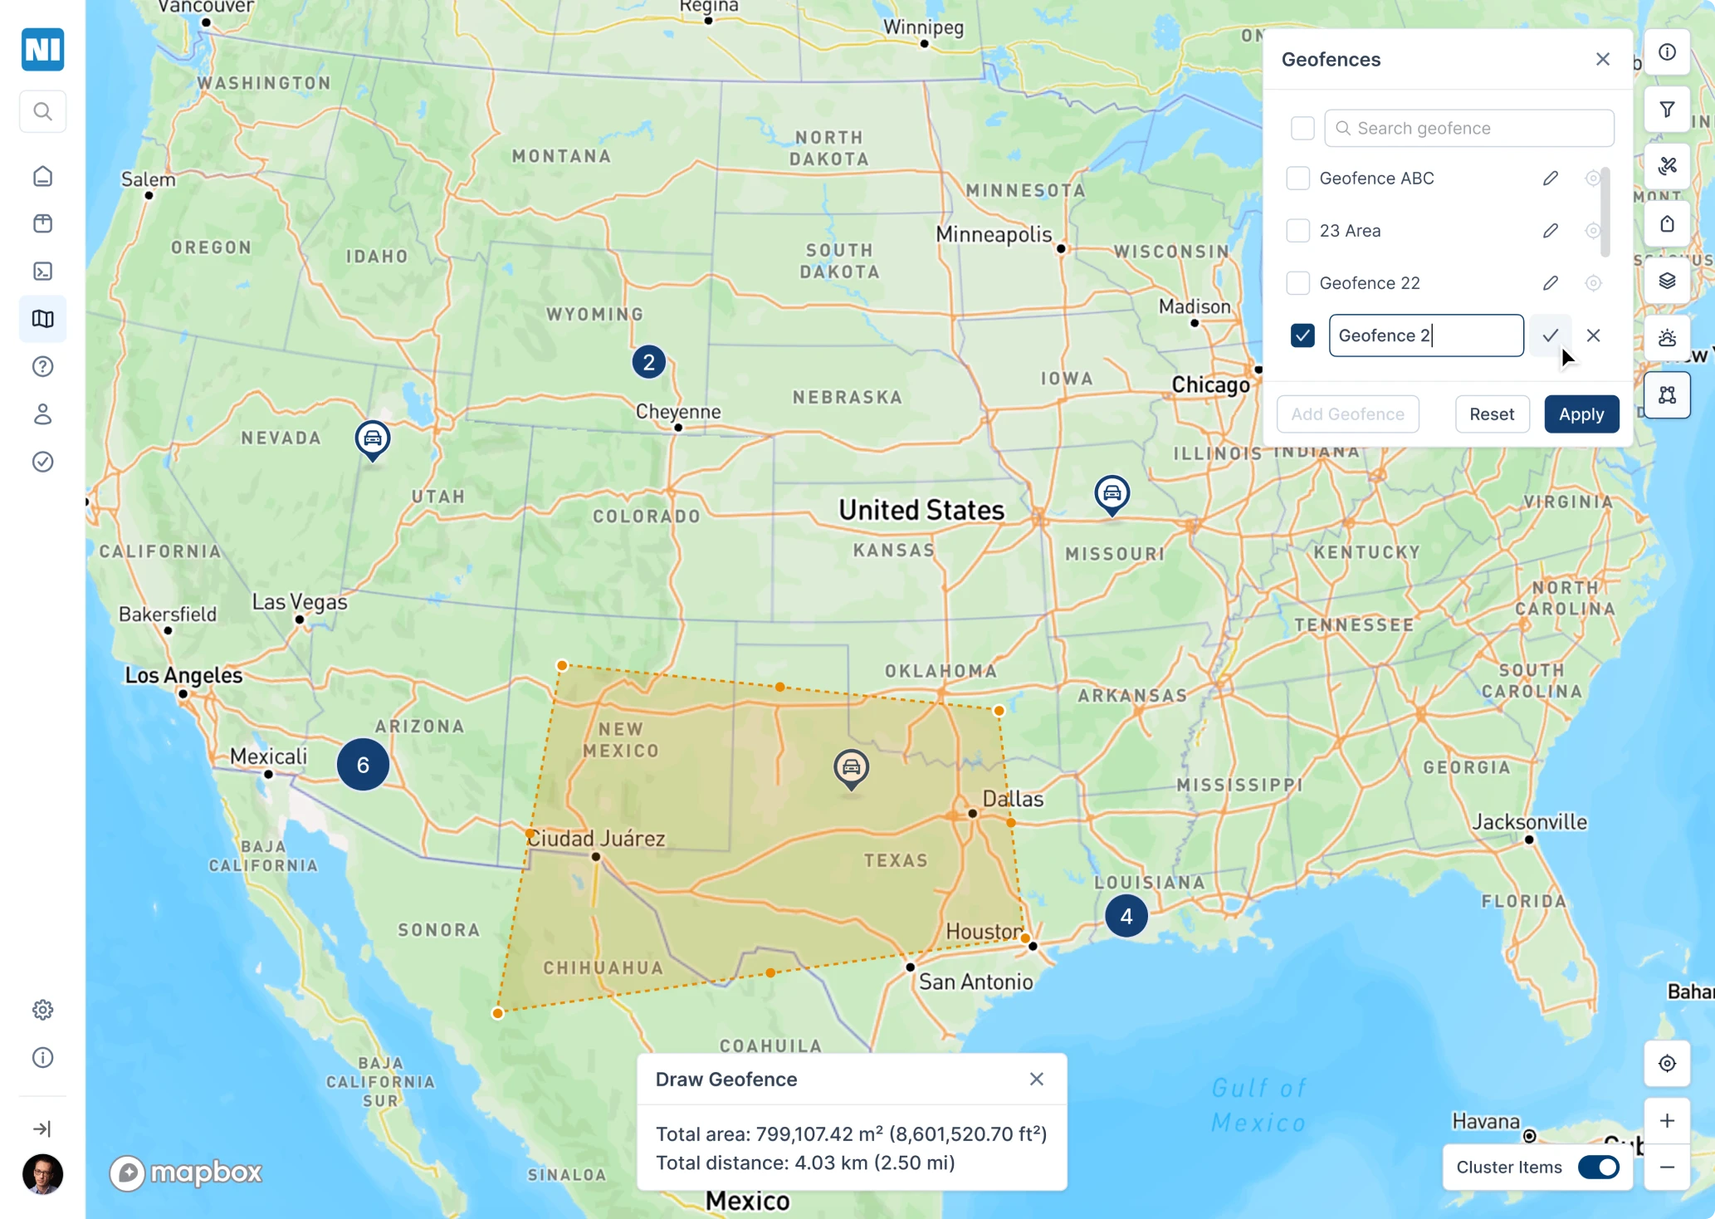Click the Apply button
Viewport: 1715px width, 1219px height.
[1581, 414]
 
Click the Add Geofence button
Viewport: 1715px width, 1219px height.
[1347, 414]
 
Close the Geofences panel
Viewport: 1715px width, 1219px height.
[1602, 60]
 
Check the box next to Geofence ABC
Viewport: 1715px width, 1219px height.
[1297, 179]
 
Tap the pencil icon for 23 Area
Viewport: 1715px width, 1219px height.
[1550, 231]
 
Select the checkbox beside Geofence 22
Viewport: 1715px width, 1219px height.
[1297, 283]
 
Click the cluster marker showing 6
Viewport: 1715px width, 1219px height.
[363, 765]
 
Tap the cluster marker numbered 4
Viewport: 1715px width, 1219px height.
[1126, 916]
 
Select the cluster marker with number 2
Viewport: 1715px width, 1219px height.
[648, 362]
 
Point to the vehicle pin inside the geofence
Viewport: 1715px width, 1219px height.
[851, 767]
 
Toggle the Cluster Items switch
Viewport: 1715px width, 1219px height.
[1598, 1167]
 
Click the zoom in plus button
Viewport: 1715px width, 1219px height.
[1667, 1121]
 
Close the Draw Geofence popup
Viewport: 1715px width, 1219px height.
[1036, 1079]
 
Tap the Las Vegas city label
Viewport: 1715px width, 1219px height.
[300, 602]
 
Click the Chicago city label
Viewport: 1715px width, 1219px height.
[1210, 385]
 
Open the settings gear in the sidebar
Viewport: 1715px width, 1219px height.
[42, 1010]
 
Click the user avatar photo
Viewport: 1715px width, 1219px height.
[42, 1174]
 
